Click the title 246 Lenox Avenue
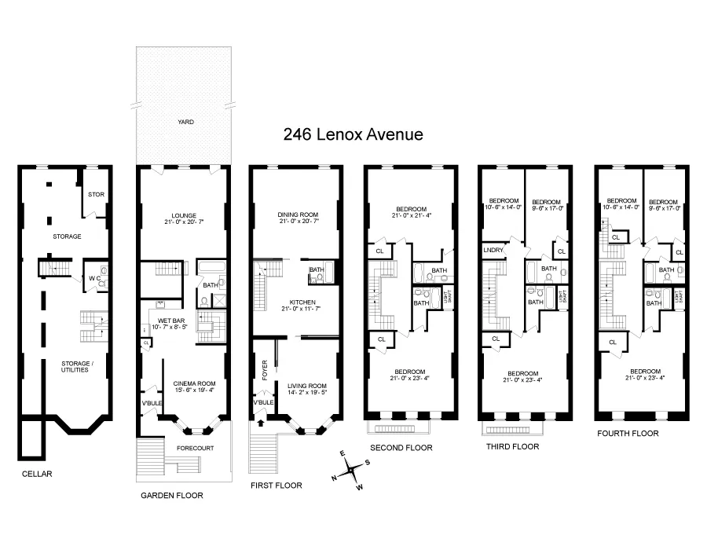tap(353, 134)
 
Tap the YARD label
tap(185, 122)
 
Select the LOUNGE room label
tap(185, 215)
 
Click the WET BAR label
tap(171, 321)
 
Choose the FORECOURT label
tap(195, 449)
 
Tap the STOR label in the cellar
tap(96, 194)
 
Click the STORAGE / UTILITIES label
tap(75, 366)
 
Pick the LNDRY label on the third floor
tap(493, 250)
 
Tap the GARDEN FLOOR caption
tap(171, 496)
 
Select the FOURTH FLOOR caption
tap(628, 433)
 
